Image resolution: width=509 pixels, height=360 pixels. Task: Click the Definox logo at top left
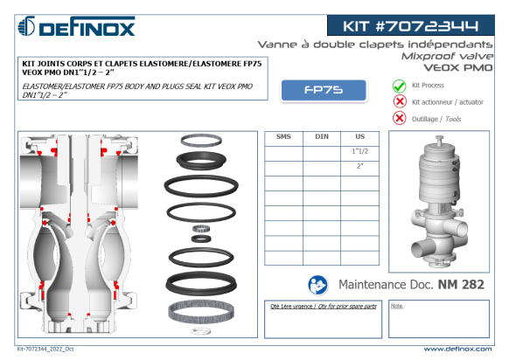(76, 26)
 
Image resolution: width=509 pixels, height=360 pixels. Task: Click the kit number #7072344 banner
(411, 25)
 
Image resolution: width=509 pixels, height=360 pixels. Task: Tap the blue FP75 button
(324, 90)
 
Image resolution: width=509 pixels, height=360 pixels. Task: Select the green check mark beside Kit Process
(400, 86)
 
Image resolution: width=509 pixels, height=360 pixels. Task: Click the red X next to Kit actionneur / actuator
(400, 101)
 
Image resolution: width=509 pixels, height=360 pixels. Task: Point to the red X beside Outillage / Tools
(400, 118)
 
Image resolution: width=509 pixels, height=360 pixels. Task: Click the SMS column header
(283, 136)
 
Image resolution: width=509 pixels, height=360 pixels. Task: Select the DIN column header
(322, 136)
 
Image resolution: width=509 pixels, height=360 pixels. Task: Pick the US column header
(360, 136)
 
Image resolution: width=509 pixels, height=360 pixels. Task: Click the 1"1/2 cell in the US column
(360, 151)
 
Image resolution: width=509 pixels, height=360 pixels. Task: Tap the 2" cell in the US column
(360, 166)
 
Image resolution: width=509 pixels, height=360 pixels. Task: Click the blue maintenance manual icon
(317, 285)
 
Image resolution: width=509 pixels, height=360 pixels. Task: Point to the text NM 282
(461, 285)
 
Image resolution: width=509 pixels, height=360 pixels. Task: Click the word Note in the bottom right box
(397, 306)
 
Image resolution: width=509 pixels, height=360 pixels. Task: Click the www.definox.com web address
(457, 349)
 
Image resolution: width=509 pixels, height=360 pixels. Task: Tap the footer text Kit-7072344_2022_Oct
(45, 349)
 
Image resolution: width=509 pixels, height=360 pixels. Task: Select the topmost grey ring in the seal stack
(201, 141)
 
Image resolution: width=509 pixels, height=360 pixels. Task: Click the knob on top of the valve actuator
(439, 140)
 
